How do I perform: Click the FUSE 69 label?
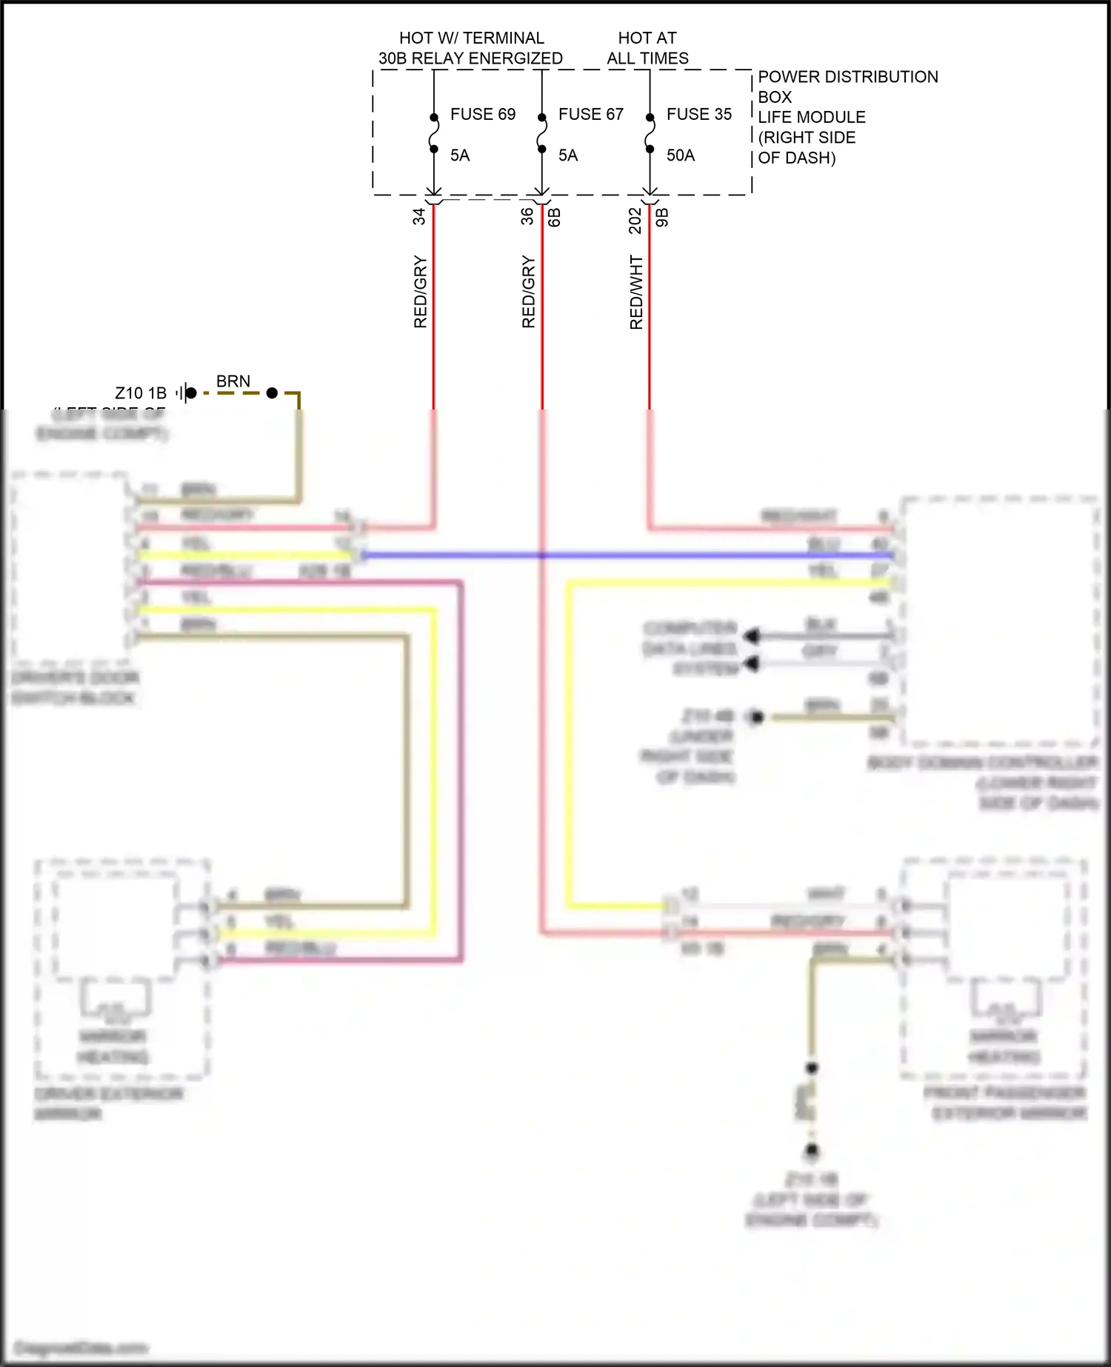coord(482,115)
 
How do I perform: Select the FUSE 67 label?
coord(590,115)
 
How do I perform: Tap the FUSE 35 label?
coord(698,115)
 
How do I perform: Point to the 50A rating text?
coord(680,156)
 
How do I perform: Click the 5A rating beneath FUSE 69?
coord(460,156)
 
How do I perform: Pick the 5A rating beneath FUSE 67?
coord(568,156)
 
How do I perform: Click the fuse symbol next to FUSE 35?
coord(650,133)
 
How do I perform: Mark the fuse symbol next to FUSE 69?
coord(433,133)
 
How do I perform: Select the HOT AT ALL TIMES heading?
coord(647,48)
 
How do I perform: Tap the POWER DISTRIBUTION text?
coord(847,77)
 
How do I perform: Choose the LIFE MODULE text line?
coord(811,117)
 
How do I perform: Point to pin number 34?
coord(419,216)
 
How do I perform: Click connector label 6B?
coord(555,217)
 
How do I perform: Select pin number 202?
coord(635,220)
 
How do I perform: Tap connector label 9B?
coord(662,217)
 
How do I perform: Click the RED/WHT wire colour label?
coord(636,293)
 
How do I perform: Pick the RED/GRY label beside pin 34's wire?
coord(420,292)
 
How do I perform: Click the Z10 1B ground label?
coord(141,393)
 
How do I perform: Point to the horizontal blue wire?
coord(630,555)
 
